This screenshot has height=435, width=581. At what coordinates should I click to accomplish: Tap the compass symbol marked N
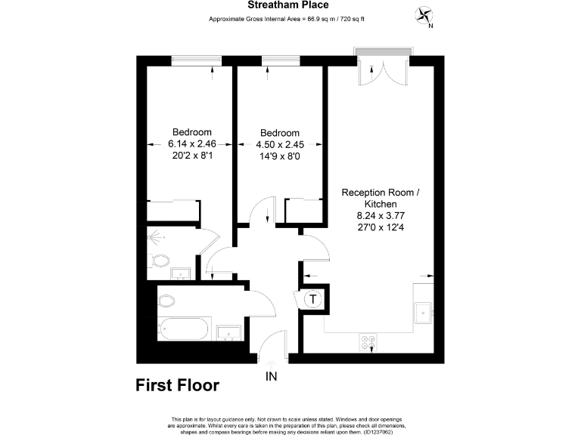[424, 15]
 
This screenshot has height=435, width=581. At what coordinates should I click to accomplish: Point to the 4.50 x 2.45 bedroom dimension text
[281, 143]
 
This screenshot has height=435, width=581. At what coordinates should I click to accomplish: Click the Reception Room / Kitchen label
[381, 198]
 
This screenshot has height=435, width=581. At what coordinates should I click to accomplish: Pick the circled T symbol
[312, 300]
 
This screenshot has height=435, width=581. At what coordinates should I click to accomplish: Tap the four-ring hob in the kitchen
[370, 343]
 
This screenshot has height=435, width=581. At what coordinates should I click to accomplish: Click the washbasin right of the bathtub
[228, 332]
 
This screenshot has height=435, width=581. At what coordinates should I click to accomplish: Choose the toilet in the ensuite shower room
[160, 262]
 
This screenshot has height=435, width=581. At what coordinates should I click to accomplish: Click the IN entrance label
[272, 375]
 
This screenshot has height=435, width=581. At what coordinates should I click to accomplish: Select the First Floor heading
[177, 386]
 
